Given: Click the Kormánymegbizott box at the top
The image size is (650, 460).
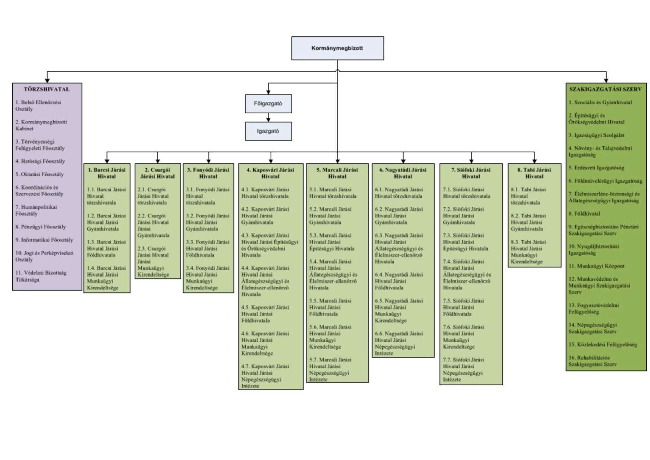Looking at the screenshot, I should click(337, 48).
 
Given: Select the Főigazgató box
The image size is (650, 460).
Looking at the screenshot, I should click(268, 104).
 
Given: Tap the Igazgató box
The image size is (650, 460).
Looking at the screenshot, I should click(268, 131).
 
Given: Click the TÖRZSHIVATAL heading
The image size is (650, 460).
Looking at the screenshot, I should click(47, 89).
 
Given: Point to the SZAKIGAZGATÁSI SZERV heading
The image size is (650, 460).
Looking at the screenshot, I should click(606, 89).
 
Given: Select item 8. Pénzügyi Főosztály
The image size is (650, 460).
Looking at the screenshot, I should click(40, 227).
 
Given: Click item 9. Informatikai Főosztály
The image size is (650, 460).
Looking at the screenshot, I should click(44, 240).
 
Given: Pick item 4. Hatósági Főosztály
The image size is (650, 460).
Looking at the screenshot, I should click(40, 161).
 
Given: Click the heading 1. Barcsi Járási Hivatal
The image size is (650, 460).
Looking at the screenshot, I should click(107, 173).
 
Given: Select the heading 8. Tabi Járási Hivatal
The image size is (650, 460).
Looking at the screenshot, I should click(534, 173).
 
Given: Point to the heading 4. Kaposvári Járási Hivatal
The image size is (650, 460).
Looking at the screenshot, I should click(270, 173).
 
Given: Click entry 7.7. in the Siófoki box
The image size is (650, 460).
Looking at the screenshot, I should click(463, 369).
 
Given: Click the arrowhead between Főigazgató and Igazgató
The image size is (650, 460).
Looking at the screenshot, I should click(268, 120).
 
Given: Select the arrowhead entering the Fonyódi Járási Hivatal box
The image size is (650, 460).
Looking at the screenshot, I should click(209, 161).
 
